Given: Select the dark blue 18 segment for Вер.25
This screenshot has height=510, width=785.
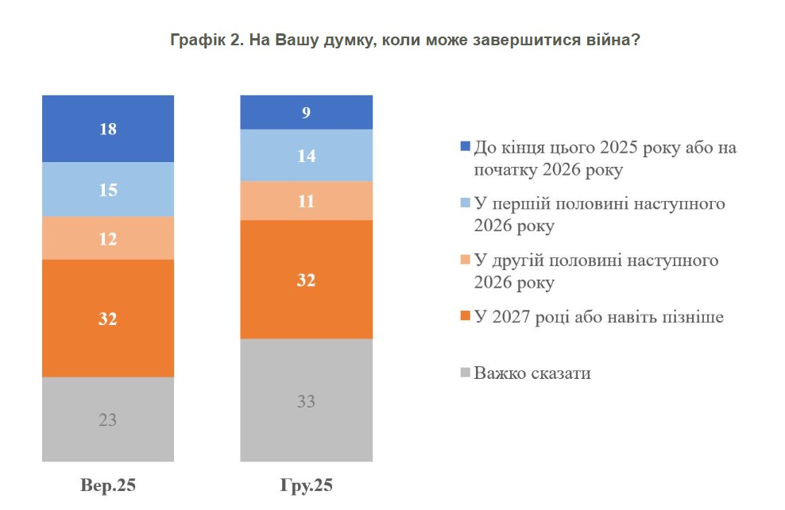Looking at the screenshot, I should click(107, 129).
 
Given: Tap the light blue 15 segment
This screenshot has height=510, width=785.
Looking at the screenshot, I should click(107, 189).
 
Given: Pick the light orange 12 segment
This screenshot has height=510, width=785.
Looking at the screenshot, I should click(107, 238).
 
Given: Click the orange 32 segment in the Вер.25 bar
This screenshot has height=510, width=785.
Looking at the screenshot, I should click(107, 319).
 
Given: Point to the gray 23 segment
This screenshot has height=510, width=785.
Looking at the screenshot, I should click(107, 419).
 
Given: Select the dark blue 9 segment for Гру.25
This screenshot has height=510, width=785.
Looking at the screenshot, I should click(306, 112).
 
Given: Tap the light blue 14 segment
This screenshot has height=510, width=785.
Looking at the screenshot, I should click(306, 155).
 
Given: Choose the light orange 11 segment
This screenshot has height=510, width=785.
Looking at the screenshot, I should click(306, 200).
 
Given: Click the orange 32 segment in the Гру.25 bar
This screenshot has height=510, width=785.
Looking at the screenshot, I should click(306, 280).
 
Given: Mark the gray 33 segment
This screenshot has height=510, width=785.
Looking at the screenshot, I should click(306, 400).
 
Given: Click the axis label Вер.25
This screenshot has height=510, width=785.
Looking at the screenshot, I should click(107, 485).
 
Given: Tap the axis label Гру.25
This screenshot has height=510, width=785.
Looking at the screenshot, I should click(306, 485).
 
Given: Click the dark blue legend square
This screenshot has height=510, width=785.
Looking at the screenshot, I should click(466, 148).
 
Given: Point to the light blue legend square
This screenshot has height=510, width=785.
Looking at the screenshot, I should click(466, 204).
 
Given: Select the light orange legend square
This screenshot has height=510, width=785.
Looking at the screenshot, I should click(466, 261).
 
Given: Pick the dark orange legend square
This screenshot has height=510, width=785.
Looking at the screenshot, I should click(466, 318).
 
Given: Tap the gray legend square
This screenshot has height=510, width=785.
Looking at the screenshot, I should click(466, 373).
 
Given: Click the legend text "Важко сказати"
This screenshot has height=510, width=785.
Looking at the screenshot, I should click(532, 373).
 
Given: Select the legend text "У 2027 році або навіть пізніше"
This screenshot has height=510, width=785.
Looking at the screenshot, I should click(599, 317).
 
